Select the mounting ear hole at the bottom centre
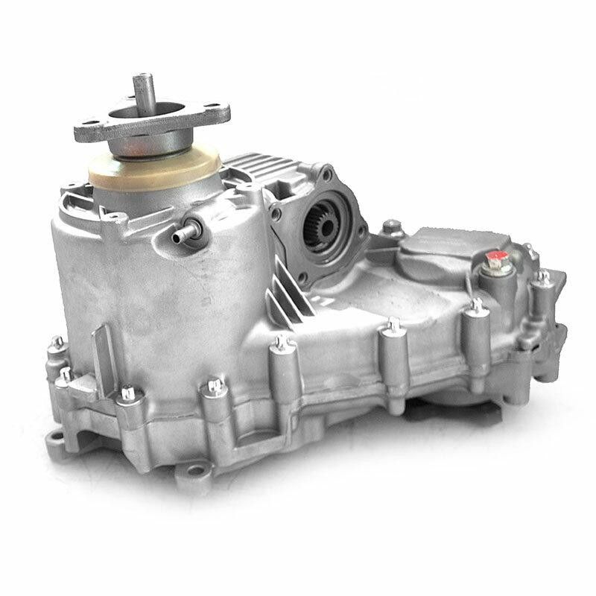tap(195, 469)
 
